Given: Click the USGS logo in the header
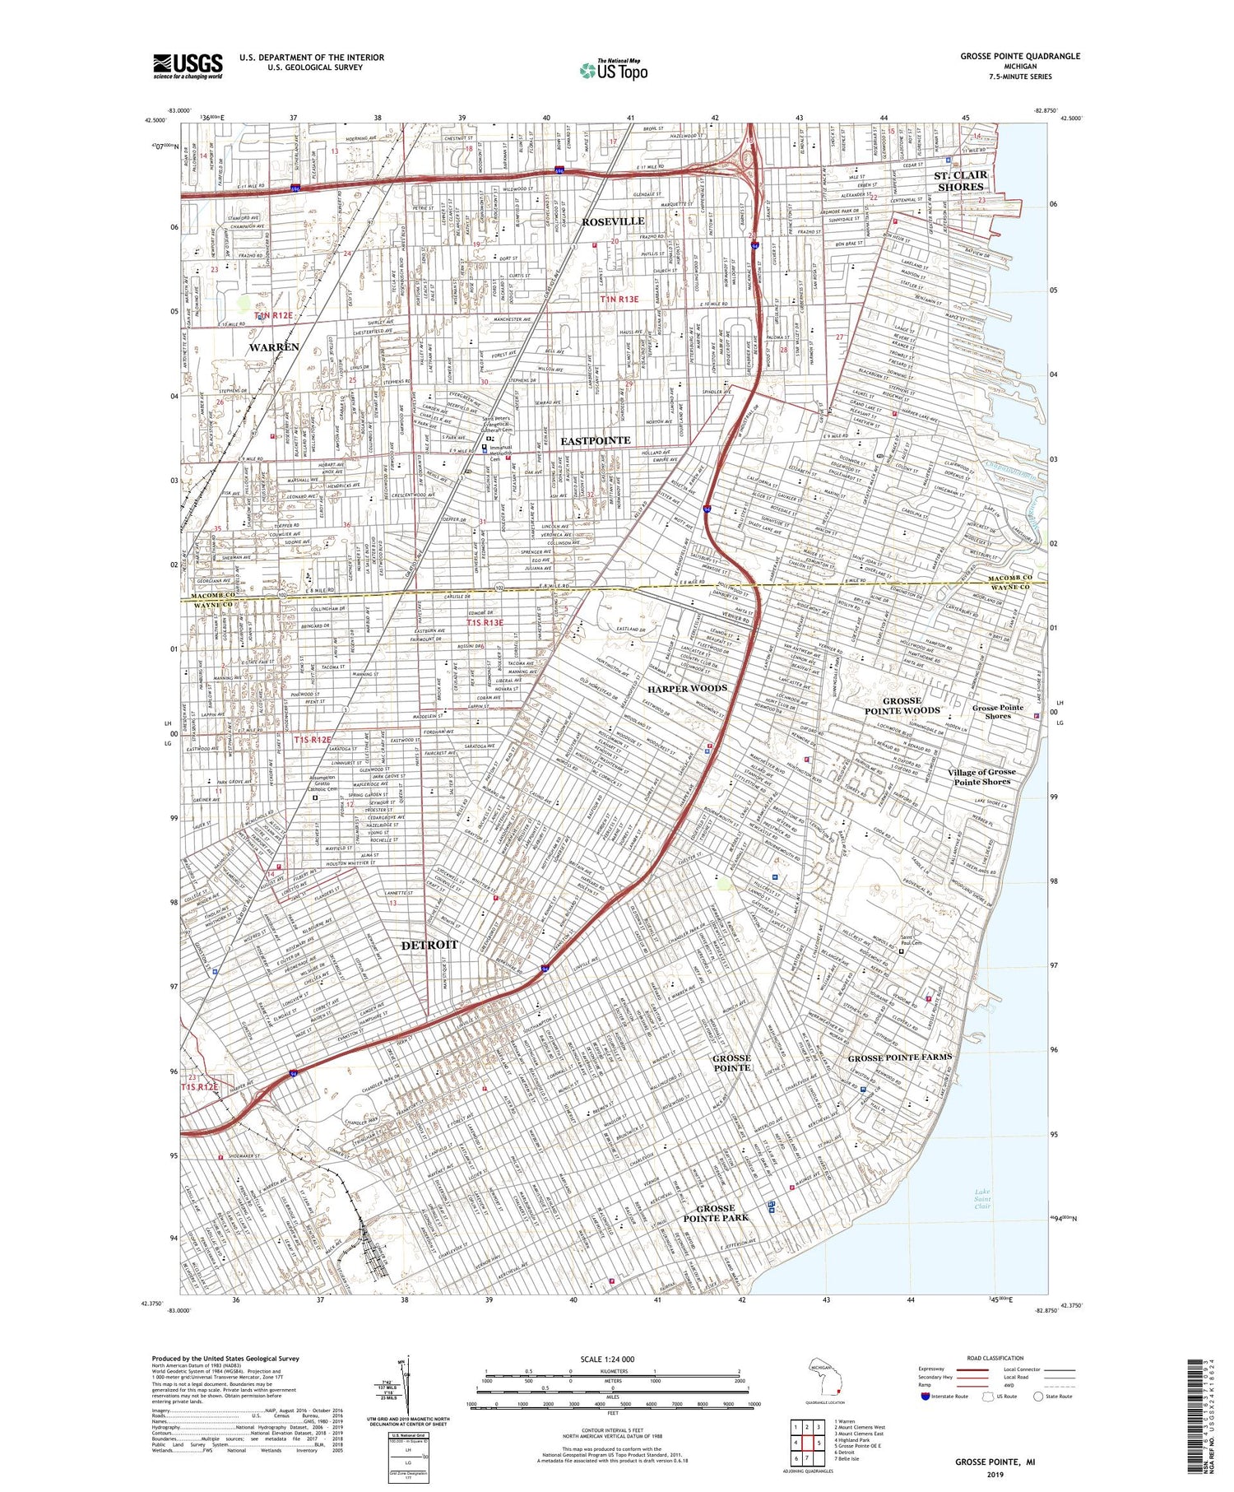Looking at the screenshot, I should pyautogui.click(x=188, y=66).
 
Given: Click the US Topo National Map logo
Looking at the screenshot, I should pyautogui.click(x=614, y=70).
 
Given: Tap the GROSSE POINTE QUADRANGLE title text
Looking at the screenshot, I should pyautogui.click(x=1020, y=56).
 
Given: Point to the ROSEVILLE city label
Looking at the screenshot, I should pyautogui.click(x=613, y=222).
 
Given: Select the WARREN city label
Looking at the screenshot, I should pyautogui.click(x=274, y=347).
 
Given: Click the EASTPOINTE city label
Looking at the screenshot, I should pyautogui.click(x=595, y=441).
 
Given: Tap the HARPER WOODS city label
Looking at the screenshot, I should pyautogui.click(x=687, y=688).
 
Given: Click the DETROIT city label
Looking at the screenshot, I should pyautogui.click(x=429, y=945).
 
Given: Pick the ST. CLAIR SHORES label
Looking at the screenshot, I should pyautogui.click(x=960, y=181).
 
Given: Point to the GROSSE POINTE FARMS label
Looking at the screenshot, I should pyautogui.click(x=899, y=1057).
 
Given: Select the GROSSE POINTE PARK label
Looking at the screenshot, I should pyautogui.click(x=716, y=1213).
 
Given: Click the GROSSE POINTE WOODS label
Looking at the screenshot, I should pyautogui.click(x=902, y=705).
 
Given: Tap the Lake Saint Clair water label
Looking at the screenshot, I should pyautogui.click(x=982, y=1199).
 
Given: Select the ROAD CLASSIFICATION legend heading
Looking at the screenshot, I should pyautogui.click(x=995, y=1358).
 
